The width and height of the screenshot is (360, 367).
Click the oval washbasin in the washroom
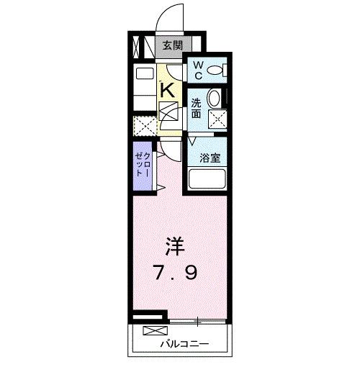point(215,99)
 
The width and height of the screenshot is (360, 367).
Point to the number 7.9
point(174,273)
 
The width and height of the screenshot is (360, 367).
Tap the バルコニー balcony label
point(184,344)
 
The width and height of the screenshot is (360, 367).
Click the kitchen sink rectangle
point(146,74)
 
